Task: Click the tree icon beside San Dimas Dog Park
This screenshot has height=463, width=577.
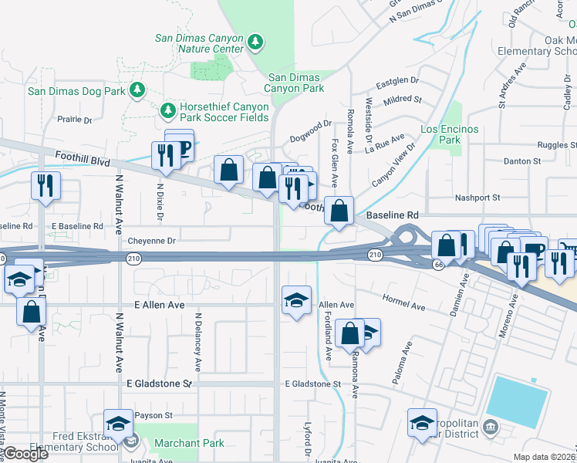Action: tap(137, 90)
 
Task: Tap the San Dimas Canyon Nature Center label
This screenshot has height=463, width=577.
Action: tap(199, 43)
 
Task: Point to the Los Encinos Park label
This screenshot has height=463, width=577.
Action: tap(449, 134)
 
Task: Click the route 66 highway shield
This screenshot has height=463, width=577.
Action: tap(437, 265)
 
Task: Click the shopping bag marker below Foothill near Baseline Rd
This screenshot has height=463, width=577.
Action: tap(339, 210)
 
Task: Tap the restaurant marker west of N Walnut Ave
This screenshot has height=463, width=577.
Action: tap(45, 186)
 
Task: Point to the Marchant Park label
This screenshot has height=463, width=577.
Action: tap(189, 444)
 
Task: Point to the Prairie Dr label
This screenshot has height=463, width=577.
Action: tap(75, 120)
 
